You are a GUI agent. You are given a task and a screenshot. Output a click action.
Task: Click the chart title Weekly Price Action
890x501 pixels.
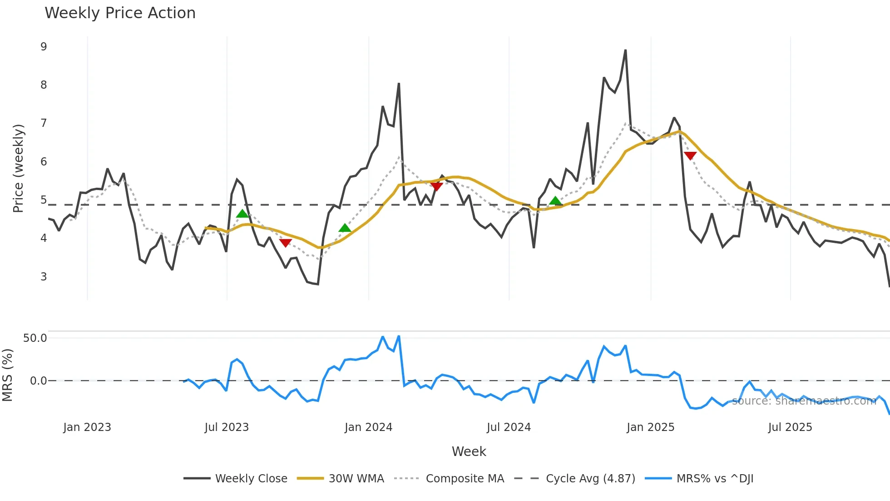tap(120, 13)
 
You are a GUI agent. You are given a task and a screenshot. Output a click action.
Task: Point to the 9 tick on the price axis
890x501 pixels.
tap(44, 47)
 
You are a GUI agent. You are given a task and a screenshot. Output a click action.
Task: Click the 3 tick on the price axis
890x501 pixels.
tap(44, 277)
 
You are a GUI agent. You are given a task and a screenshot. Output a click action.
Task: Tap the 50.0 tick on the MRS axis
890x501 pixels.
tap(35, 338)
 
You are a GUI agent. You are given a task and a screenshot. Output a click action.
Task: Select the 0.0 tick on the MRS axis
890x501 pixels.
tap(38, 381)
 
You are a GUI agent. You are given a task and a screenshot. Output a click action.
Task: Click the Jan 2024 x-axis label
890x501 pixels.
tap(368, 427)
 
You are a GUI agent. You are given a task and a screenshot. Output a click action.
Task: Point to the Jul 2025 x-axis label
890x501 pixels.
tap(790, 427)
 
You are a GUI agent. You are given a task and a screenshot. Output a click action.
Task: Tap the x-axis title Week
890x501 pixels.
tap(469, 451)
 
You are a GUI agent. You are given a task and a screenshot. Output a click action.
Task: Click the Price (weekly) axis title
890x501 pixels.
tap(18, 168)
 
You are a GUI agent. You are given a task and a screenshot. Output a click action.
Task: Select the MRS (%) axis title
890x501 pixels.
tap(7, 375)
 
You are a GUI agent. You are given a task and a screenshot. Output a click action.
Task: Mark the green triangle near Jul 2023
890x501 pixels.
tap(242, 214)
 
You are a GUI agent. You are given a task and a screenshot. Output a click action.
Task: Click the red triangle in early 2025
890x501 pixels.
tap(690, 156)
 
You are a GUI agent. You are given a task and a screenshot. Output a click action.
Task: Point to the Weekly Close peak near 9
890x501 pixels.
tap(625, 50)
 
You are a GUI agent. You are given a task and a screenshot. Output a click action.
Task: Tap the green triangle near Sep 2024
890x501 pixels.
tap(555, 201)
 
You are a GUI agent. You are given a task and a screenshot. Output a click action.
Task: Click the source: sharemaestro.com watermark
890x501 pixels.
tap(804, 401)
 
